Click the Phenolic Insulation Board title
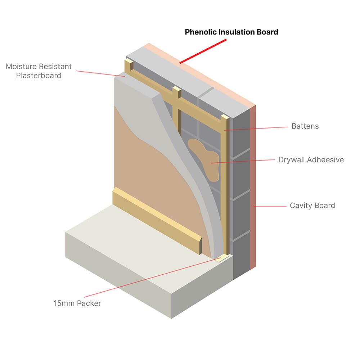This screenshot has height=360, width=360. [231, 32]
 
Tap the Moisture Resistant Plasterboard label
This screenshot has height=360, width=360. [39, 71]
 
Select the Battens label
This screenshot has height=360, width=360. [305, 126]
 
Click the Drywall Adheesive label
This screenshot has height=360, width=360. [311, 159]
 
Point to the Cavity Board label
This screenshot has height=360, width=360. [312, 206]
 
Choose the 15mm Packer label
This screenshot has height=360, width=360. [77, 303]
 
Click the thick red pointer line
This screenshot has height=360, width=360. [203, 51]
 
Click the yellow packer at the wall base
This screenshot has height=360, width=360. [222, 258]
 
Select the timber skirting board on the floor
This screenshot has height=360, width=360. [157, 220]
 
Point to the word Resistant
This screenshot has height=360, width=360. [55, 66]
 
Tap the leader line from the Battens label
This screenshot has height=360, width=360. [256, 129]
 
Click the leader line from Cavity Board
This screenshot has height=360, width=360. [270, 206]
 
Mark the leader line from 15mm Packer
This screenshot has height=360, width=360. [152, 277]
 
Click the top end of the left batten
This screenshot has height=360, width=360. [129, 61]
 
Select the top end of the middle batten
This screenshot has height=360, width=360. [177, 89]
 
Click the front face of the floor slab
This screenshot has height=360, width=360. [118, 275]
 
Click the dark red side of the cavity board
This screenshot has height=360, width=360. [253, 187]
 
